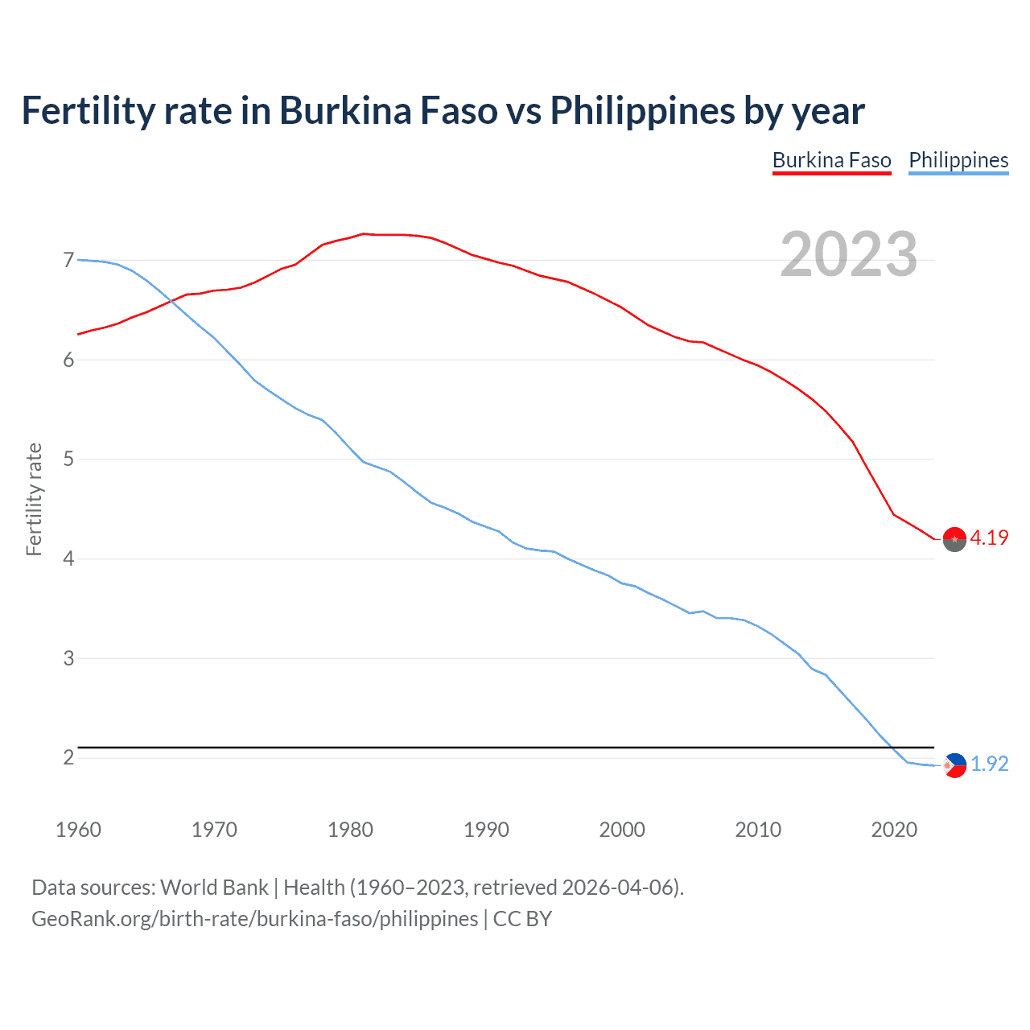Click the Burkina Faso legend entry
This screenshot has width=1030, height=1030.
click(x=831, y=160)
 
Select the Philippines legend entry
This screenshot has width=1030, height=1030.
click(x=958, y=160)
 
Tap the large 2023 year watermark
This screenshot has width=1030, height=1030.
click(x=848, y=254)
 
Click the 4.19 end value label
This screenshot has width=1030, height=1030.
click(x=989, y=538)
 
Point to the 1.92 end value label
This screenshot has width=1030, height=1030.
click(x=989, y=764)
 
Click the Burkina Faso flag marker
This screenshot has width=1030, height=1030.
click(x=954, y=539)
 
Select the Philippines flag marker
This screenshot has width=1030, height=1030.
click(x=954, y=765)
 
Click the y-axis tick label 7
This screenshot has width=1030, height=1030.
click(x=68, y=260)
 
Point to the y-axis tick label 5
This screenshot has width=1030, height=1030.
click(x=68, y=459)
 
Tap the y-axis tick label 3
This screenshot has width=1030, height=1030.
click(x=68, y=658)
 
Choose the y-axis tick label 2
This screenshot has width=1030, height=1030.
click(x=68, y=758)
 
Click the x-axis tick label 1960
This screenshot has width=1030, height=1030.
click(x=78, y=830)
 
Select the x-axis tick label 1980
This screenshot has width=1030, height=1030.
click(x=350, y=830)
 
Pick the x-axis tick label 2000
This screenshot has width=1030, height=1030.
click(x=622, y=830)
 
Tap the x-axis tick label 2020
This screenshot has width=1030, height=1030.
click(x=894, y=830)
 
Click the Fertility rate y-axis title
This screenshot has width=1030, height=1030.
click(x=34, y=499)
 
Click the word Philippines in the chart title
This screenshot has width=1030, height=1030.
click(x=642, y=111)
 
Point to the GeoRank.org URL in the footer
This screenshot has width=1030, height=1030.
click(x=254, y=919)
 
